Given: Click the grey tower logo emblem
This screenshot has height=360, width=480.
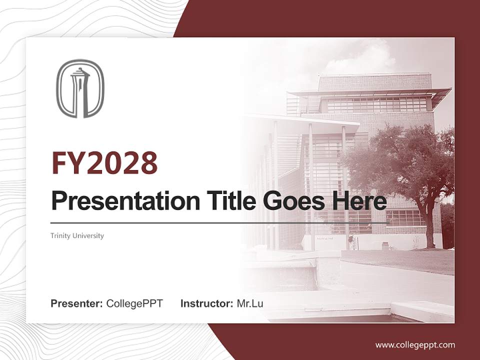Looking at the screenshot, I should click(79, 88).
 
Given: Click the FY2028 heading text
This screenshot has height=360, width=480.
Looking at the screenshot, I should click(104, 163).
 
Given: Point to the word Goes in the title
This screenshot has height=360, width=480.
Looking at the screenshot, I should click(291, 201).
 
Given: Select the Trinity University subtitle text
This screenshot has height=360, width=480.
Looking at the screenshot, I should click(77, 235).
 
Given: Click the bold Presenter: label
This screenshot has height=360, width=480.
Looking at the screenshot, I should click(77, 303).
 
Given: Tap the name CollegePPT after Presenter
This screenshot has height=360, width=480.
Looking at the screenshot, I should click(134, 303).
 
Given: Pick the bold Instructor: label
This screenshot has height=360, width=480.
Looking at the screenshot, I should click(206, 303).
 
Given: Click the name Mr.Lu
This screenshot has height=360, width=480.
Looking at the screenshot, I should click(249, 303).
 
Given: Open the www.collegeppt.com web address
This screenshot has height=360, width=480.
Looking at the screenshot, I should click(415, 345).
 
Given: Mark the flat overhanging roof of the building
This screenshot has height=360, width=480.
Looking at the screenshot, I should click(370, 92).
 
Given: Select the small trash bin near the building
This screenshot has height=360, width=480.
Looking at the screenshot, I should click(385, 245).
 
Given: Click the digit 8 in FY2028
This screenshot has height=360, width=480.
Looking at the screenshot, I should click(148, 163).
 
